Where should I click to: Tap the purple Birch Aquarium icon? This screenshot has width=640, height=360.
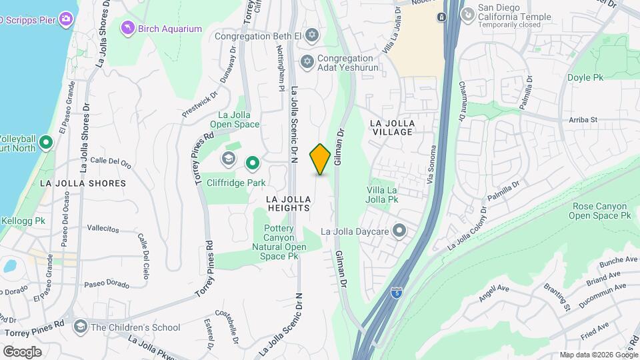pos(127,28)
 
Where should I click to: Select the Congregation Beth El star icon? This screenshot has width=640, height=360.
pos(311,34)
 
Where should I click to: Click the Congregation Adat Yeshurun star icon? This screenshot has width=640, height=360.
pos(307,62)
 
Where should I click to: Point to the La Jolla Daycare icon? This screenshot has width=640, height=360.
pos(399,231)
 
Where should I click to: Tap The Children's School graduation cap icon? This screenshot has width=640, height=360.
pos(81,327)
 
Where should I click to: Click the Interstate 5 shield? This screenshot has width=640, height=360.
pos(397,291)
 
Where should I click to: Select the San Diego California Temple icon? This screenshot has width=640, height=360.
pos(469,13)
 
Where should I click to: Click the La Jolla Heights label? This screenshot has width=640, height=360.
pos(288,203)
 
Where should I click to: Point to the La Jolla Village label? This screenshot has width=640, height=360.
pos(393,127)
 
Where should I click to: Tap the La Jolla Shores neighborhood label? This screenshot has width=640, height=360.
pos(83,183)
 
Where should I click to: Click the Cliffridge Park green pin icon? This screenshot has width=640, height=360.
pos(253,162)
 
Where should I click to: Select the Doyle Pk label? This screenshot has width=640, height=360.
pos(585,77)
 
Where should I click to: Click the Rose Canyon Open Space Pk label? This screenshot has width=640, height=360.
pos(601,211)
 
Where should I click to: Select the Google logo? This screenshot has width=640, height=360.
pos(22,351)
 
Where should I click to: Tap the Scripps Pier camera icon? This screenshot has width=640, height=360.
pos(65,18)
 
